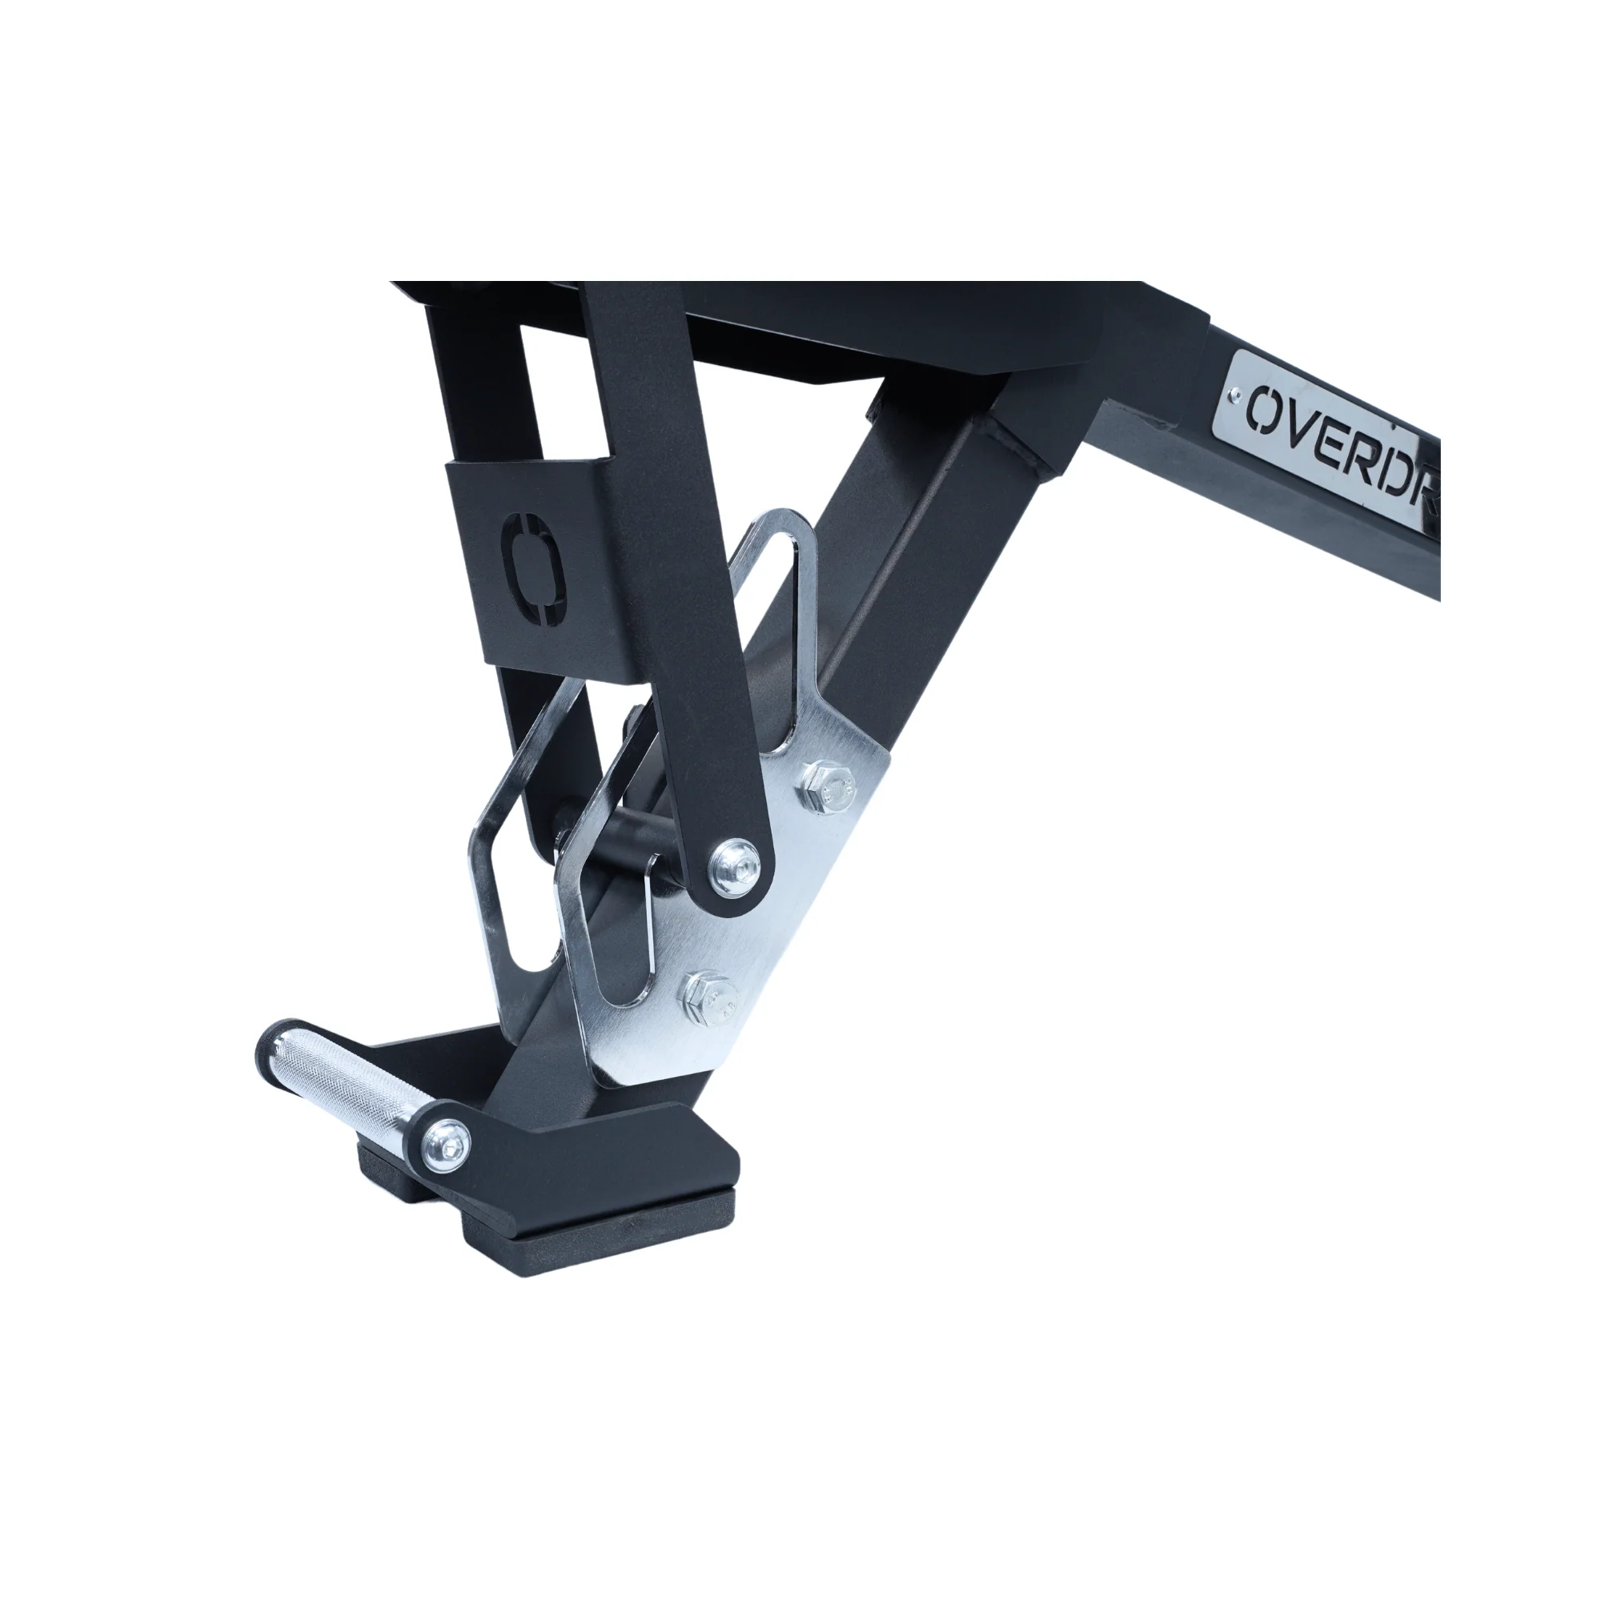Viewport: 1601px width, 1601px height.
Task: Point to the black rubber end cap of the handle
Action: (x=276, y=1041)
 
